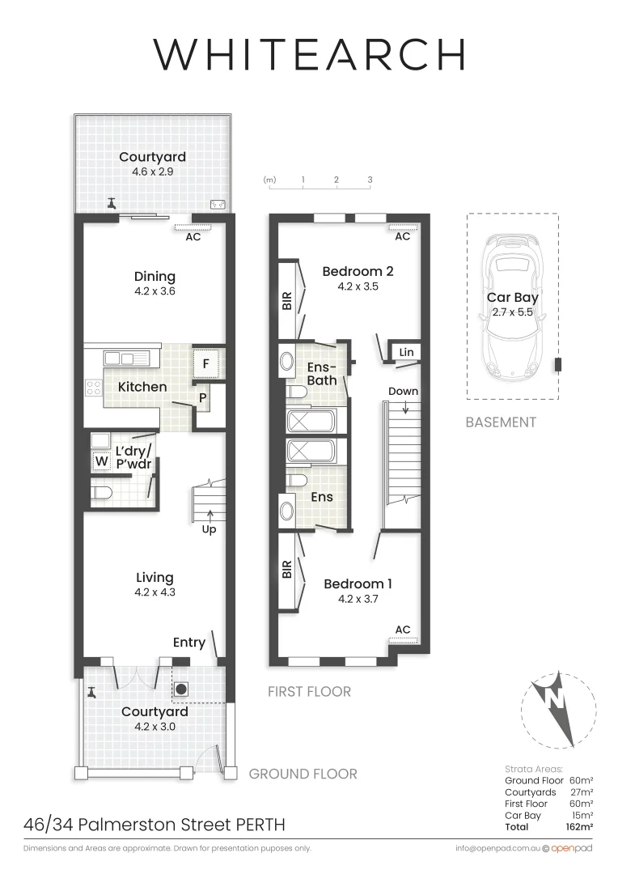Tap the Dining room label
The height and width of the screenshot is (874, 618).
click(154, 277)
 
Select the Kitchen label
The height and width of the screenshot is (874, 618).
click(142, 387)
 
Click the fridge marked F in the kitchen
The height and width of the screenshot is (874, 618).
click(205, 364)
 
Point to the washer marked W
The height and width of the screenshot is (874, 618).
click(101, 462)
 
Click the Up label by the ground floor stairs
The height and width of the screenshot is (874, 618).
click(209, 530)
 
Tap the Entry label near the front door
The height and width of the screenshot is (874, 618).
click(189, 643)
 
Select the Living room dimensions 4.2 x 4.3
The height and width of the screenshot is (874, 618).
click(154, 592)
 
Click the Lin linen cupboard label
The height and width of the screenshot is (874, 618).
click(406, 352)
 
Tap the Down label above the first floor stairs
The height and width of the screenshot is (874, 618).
click(403, 391)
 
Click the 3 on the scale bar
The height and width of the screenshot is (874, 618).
click(370, 179)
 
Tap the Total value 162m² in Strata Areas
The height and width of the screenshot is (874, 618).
click(580, 826)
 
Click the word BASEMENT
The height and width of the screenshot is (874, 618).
click(501, 422)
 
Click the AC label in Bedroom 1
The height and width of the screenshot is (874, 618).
click(402, 629)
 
